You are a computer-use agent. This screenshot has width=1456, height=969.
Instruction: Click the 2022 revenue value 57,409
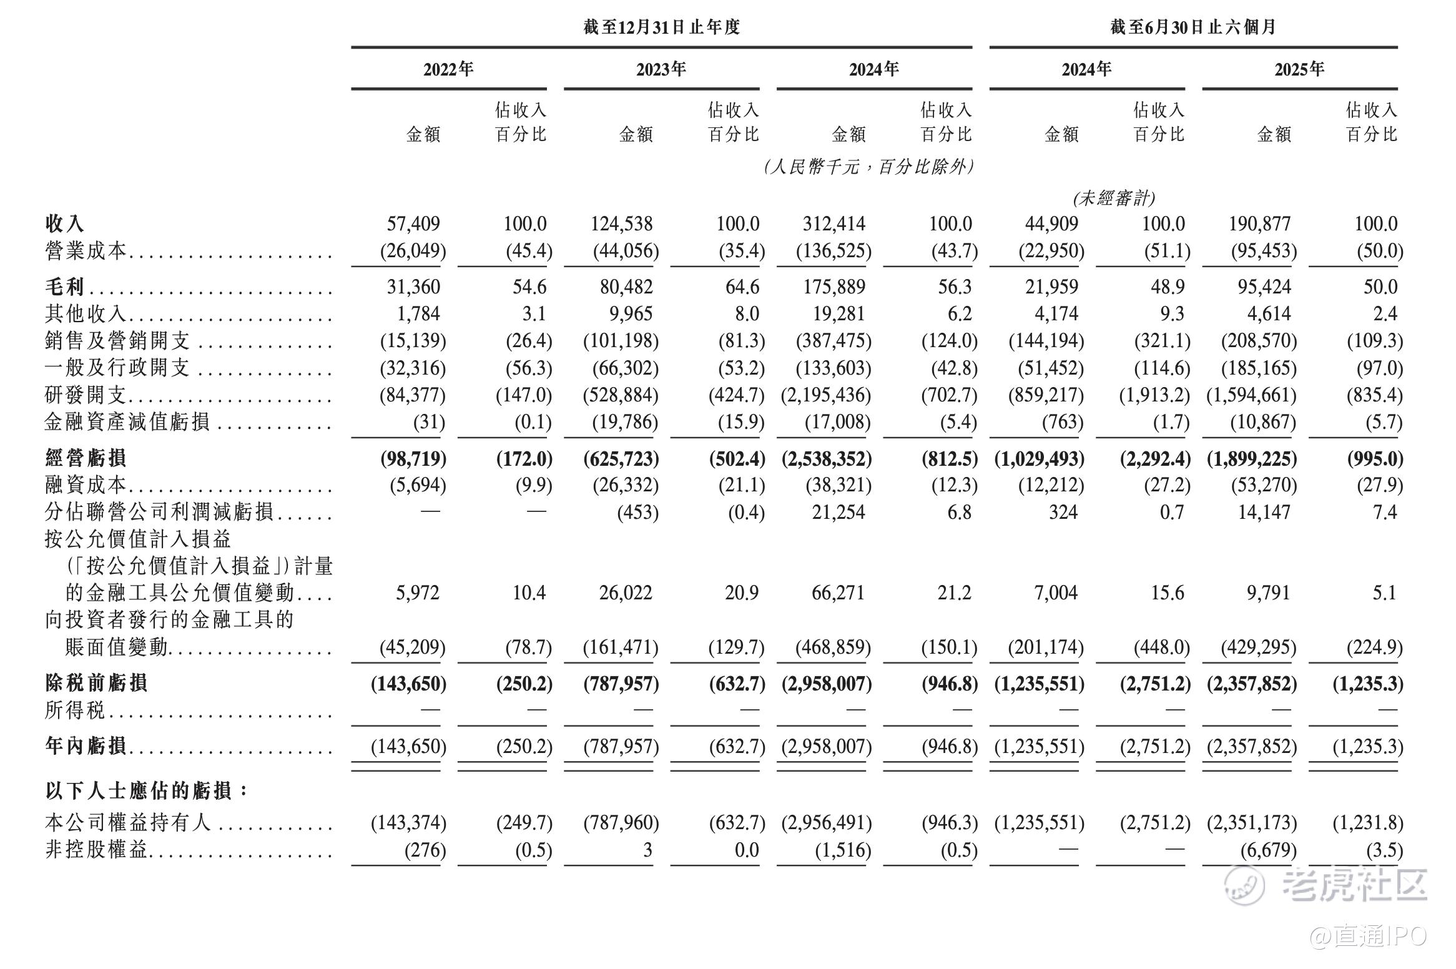pos(413,224)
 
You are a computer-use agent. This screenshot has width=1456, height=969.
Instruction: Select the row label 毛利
pos(64,287)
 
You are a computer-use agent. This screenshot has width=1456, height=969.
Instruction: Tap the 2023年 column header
pos(661,69)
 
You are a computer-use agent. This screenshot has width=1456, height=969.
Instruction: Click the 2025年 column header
pos(1299,69)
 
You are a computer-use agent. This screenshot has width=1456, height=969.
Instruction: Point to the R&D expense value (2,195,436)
pos(826,395)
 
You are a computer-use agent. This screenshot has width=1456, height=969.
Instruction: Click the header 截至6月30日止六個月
pos(1193,27)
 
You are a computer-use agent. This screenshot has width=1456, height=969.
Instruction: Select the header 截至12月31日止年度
pos(661,27)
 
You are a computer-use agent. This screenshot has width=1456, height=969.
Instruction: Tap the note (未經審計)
pos(1114,198)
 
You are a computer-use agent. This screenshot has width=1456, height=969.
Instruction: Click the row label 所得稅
pos(75,710)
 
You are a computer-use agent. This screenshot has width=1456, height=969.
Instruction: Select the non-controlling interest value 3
pos(647,850)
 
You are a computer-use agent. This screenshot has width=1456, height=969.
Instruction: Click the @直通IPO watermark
pos(1367,937)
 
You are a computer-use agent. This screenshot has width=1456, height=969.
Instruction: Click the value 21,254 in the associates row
pos(838,512)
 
